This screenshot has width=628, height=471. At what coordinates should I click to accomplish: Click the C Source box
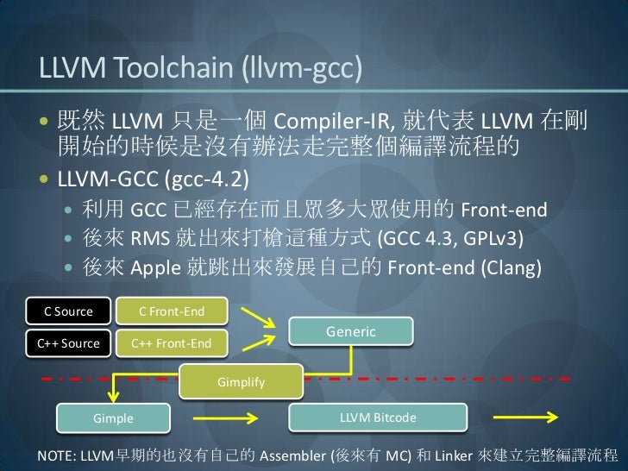61,311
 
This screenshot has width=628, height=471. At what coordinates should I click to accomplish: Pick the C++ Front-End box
171,343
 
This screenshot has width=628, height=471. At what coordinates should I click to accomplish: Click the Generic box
350,332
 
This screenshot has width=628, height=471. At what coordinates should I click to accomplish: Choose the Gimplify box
241,380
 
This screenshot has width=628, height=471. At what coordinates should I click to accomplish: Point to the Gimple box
113,418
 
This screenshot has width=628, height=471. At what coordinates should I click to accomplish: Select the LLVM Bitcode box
378,418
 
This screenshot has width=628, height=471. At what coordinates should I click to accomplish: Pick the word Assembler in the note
292,454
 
